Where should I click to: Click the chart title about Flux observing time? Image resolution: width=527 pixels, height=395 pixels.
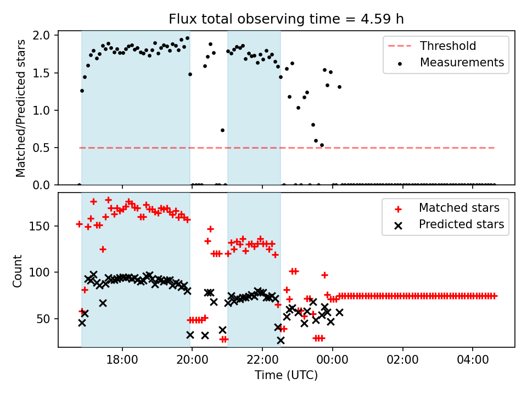point(286,19)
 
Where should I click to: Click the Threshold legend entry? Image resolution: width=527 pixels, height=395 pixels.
point(448,46)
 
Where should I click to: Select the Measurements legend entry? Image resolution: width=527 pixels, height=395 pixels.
point(462,63)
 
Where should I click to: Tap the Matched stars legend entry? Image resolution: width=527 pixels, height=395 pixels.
point(459,208)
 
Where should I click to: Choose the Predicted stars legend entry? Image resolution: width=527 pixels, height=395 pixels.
point(461,224)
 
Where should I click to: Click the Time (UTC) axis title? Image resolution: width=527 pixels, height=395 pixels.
point(286,376)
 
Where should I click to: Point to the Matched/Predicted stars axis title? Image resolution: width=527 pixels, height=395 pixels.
point(21,108)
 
